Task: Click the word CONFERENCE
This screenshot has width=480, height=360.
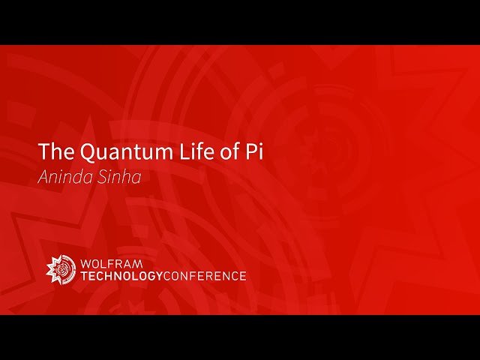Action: pos(204,276)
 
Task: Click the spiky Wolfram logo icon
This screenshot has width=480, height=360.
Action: pos(61,269)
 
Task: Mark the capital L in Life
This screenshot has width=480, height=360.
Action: pos(172,151)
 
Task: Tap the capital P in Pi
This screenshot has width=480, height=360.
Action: pos(250,151)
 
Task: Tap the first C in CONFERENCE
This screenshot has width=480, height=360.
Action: pos(167,276)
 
